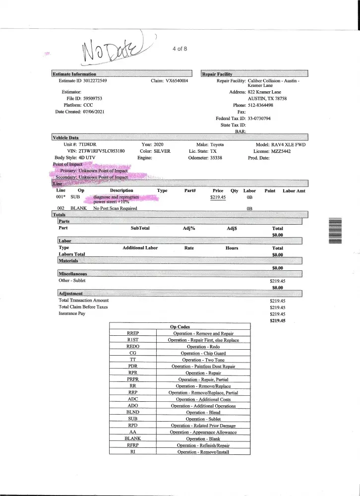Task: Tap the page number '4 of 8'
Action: (x=179, y=48)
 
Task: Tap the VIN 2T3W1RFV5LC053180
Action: (x=101, y=150)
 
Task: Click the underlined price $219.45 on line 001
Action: (x=219, y=197)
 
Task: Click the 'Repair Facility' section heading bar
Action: (x=254, y=74)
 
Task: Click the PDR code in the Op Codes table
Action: (x=132, y=366)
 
